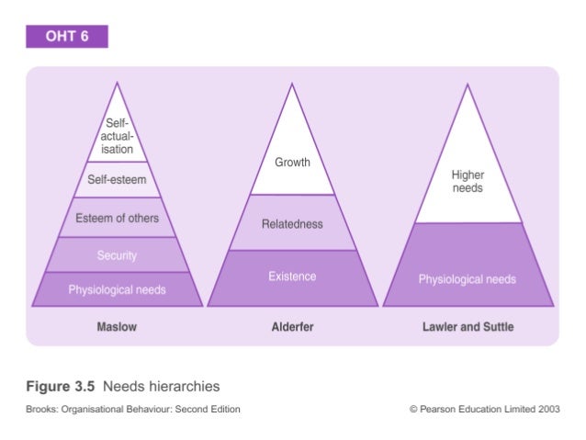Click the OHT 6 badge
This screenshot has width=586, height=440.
coord(67,37)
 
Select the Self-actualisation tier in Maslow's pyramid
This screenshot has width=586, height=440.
coord(118,135)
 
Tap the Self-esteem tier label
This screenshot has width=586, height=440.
coord(117,180)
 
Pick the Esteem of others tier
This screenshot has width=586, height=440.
coord(117,218)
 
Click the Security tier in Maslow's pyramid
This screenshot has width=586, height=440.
coord(117,254)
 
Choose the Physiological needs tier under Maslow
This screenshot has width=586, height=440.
coord(117,289)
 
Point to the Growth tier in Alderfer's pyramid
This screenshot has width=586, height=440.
coord(292,163)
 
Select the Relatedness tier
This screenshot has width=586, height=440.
coord(292,224)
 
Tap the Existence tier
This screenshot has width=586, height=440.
coord(292,276)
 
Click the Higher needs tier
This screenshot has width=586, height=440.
coord(468,181)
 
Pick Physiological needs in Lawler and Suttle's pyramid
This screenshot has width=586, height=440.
coord(468,278)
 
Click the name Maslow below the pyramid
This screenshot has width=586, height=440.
coord(117,327)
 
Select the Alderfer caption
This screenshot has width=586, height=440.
coord(292,327)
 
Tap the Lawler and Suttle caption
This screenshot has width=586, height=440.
coord(468,327)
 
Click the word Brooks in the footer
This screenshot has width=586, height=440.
coord(41,410)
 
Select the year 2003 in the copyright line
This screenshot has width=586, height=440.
coord(548,410)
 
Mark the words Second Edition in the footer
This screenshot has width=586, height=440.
coord(208,410)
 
